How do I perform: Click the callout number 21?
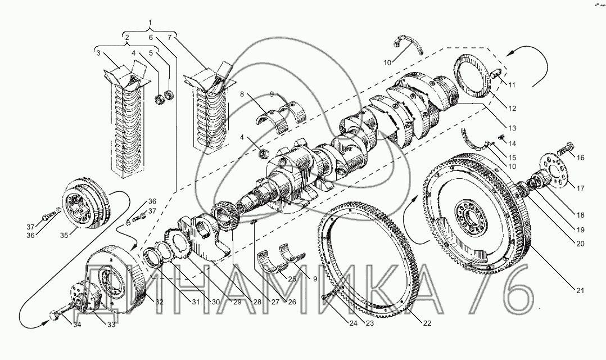(580, 291)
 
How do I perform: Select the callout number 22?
(427, 323)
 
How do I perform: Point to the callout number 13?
(512, 128)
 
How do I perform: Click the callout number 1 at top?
(150, 22)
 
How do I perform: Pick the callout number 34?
(78, 325)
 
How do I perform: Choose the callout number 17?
(581, 189)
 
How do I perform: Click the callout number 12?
(512, 109)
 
